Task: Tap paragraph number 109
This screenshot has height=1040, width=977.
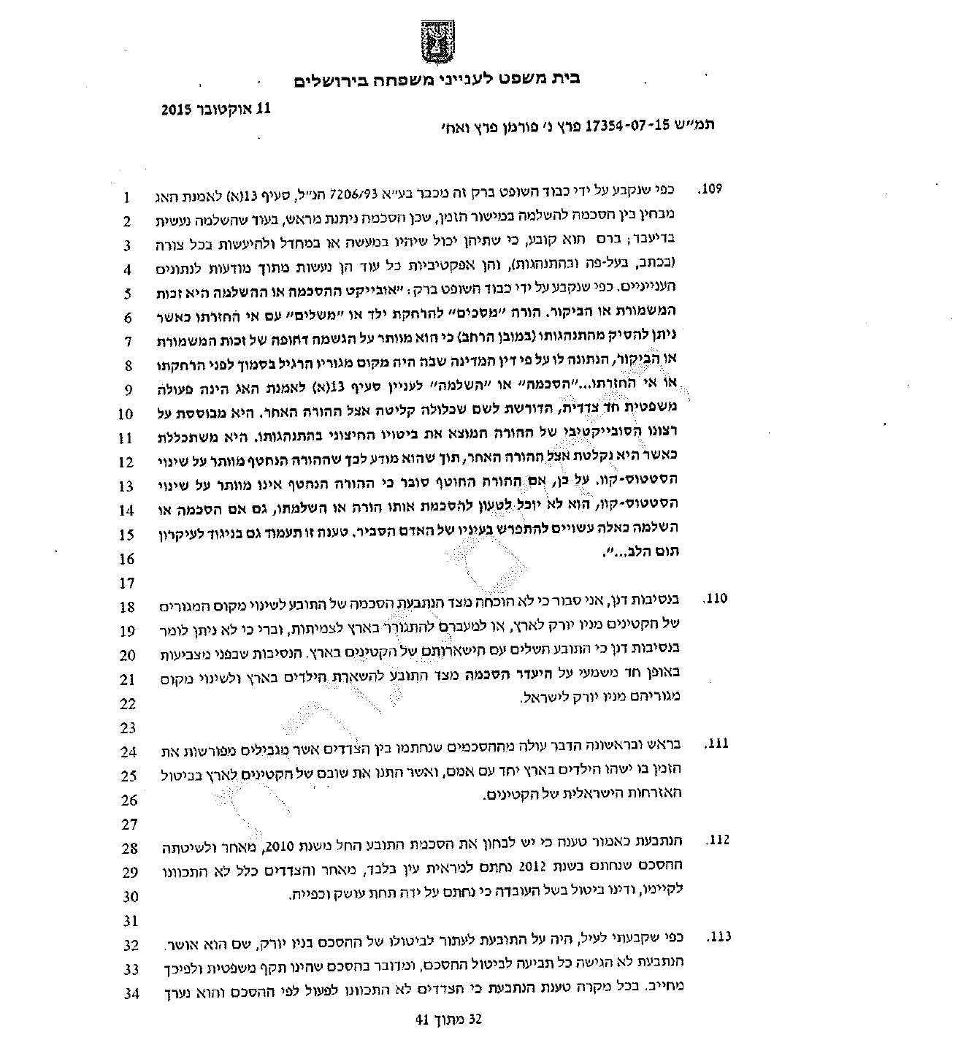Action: [710, 190]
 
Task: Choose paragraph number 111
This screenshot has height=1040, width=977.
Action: [716, 743]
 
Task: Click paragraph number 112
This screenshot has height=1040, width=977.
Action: [716, 841]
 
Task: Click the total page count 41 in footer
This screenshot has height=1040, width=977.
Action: [421, 1020]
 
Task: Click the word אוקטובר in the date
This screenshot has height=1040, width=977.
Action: [232, 110]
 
